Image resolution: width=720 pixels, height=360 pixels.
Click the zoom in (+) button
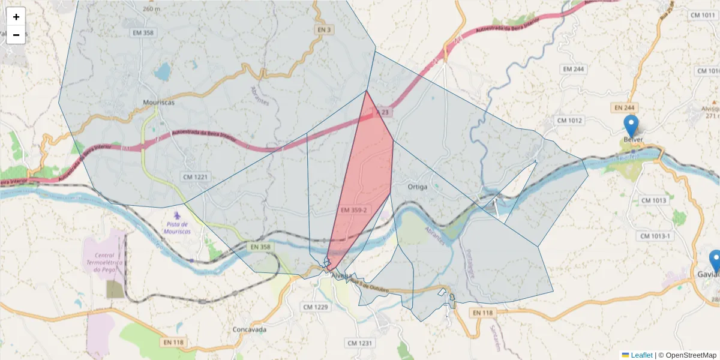pos(16,17)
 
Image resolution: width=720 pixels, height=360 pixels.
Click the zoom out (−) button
pos(16,35)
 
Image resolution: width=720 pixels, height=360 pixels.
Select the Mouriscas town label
pos(159,103)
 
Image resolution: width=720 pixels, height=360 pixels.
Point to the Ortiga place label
pos(418,187)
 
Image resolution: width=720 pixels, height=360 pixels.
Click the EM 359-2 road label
pos(353,210)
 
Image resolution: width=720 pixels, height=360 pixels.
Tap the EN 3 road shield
pos(324,29)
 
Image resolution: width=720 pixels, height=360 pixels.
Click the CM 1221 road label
pos(196,176)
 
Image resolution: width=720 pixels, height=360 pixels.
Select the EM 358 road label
pos(143,33)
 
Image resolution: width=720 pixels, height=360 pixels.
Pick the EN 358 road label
pos(261,247)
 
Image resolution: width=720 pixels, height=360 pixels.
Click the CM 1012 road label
pos(569,121)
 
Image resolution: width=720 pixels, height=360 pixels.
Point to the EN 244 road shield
pos(625,107)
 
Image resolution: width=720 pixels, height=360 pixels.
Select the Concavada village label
pos(250,330)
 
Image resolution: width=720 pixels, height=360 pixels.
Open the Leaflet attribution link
pos(637,355)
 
